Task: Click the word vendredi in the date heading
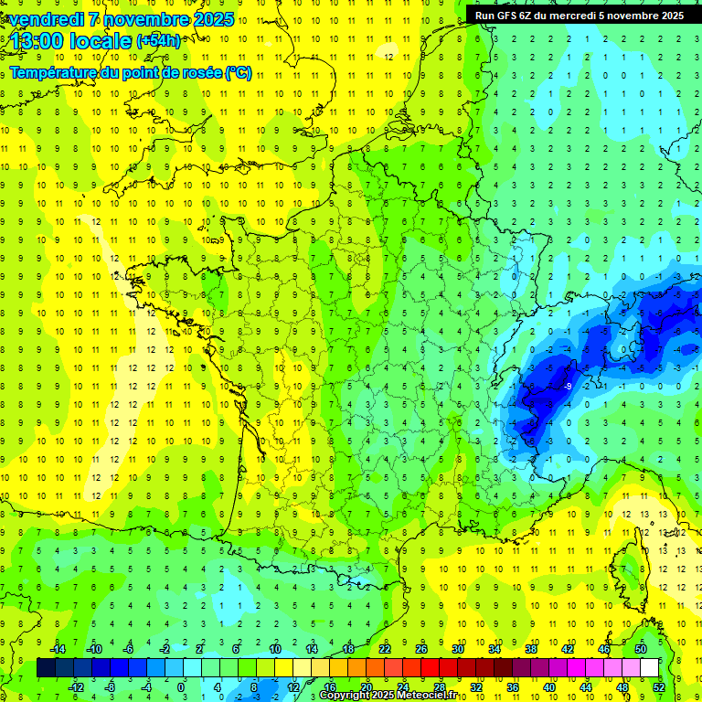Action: (47, 19)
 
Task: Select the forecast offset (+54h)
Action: (158, 41)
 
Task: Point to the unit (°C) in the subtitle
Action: (238, 73)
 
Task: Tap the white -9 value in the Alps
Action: (568, 387)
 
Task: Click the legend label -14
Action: (58, 649)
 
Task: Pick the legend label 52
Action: (659, 687)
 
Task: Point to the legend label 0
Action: (180, 687)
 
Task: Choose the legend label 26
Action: (421, 649)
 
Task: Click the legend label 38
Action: (530, 649)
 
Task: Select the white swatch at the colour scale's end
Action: (649, 668)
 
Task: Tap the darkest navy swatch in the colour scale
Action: (46, 668)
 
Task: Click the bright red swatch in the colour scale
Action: (430, 668)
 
